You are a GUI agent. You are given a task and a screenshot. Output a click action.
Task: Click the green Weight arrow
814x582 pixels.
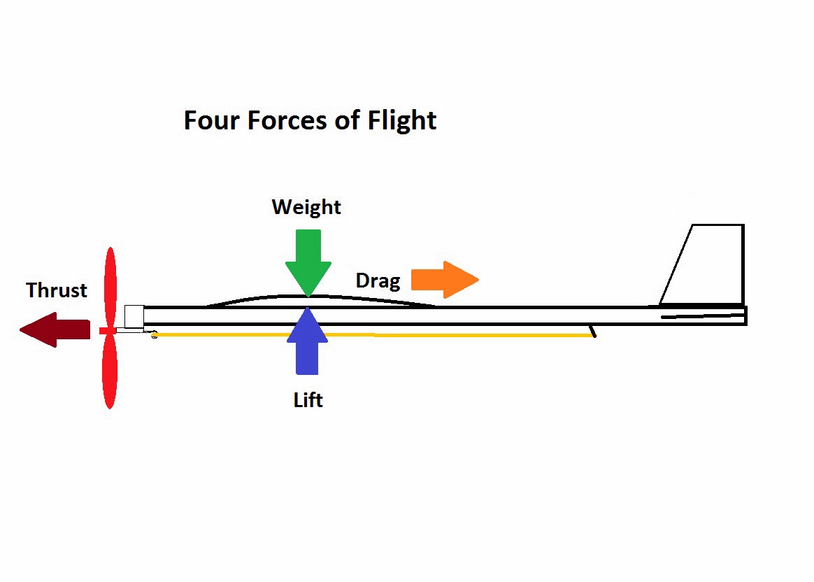[x=308, y=259]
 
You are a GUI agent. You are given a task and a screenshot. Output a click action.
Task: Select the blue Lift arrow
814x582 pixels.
[x=307, y=343]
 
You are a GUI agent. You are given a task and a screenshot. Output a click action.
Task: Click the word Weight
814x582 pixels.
[x=306, y=207]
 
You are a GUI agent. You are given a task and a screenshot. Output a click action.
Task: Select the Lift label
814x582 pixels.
[x=308, y=400]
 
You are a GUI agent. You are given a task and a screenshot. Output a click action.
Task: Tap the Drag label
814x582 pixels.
[x=378, y=281]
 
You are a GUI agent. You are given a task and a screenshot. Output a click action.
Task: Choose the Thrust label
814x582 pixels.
[x=57, y=290]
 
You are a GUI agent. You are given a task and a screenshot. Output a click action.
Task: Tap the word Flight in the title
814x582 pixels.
[x=403, y=122]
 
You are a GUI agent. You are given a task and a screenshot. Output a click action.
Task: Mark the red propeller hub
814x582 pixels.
[x=107, y=330]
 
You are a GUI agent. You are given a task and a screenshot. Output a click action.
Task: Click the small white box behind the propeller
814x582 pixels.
[x=134, y=316]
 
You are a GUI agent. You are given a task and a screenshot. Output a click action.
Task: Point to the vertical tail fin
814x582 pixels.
[x=706, y=266]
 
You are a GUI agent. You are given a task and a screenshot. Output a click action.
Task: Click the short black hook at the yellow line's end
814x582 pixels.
[x=593, y=331]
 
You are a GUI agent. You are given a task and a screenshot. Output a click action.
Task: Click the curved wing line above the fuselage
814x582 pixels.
[x=266, y=297]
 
